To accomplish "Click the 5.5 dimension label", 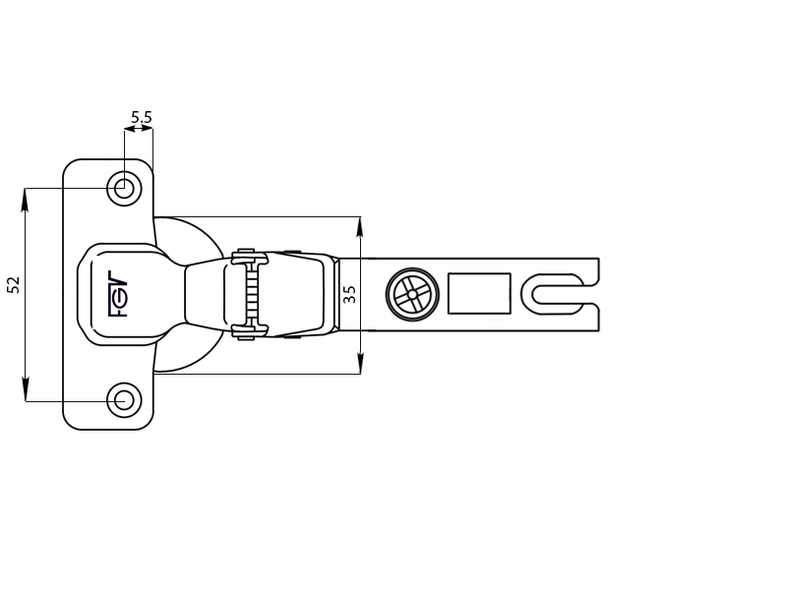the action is pyautogui.click(x=141, y=117).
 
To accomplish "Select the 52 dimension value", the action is pyautogui.click(x=14, y=284).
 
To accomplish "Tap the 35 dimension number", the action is pyautogui.click(x=349, y=294).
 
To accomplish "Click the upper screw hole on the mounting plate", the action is pyautogui.click(x=124, y=189).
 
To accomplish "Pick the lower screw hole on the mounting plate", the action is pyautogui.click(x=124, y=400).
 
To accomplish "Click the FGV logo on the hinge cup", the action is pyautogui.click(x=118, y=294).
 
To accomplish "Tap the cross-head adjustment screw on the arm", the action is pyautogui.click(x=412, y=294).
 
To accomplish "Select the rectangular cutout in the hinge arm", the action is pyautogui.click(x=479, y=293).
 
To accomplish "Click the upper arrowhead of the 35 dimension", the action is pyautogui.click(x=360, y=227).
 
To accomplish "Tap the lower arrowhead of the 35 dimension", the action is pyautogui.click(x=360, y=363).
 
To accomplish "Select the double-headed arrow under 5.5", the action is pyautogui.click(x=139, y=129).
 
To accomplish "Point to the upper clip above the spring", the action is pyautogui.click(x=250, y=257).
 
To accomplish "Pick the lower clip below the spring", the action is pyautogui.click(x=250, y=331).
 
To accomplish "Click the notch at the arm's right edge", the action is pyautogui.click(x=591, y=294).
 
